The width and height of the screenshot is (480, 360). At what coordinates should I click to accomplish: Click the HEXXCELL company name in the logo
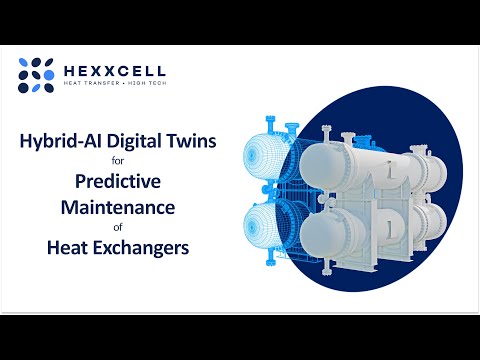115,72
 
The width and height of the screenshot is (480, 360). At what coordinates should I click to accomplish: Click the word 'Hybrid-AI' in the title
57,142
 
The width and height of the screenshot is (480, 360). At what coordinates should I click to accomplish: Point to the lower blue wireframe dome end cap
264,238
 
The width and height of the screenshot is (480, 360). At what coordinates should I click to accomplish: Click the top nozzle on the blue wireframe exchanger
292,128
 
